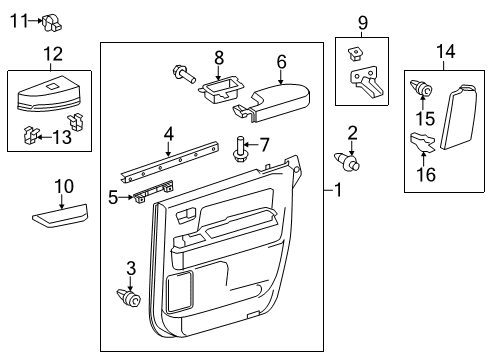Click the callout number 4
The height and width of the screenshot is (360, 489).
point(169,132)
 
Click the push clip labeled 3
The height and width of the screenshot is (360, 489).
point(129,296)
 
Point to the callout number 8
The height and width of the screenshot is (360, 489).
point(220,58)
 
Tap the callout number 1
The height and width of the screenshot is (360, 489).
point(341,190)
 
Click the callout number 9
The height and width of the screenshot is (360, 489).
point(363,21)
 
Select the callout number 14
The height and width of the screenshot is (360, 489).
point(445,52)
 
